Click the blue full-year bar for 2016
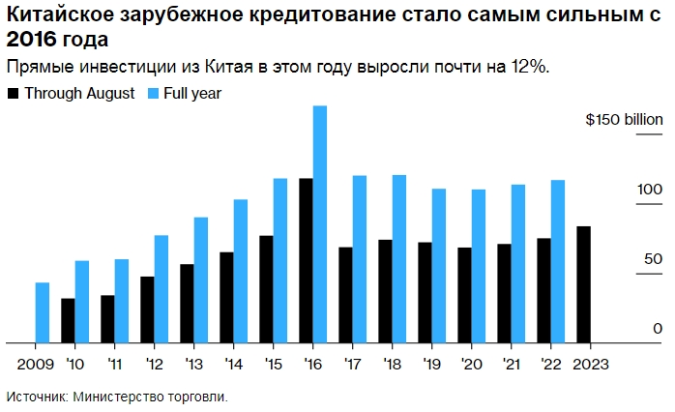(319, 224)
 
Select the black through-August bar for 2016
(306, 260)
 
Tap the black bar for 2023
(583, 284)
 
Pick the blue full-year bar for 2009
(42, 312)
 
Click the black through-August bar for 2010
(68, 320)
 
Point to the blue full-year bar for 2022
(557, 261)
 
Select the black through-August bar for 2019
(425, 292)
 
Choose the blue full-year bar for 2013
(200, 280)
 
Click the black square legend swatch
(13, 94)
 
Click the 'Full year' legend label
(193, 94)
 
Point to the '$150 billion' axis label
(625, 120)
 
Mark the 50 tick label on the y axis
(654, 258)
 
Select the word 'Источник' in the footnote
(35, 397)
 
